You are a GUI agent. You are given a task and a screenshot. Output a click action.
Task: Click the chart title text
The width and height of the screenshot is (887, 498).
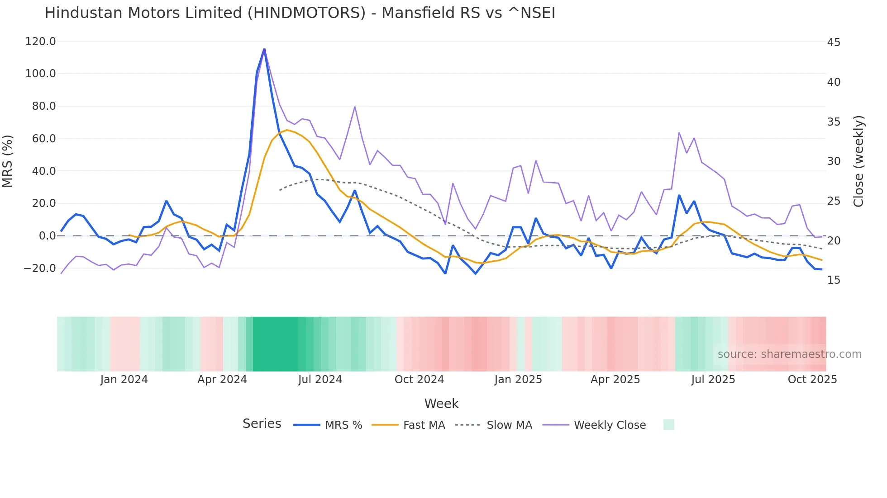300,13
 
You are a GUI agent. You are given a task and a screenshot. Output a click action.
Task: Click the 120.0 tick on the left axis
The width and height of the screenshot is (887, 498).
40,42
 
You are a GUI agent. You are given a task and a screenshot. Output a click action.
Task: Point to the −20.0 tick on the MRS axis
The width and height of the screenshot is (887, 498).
39,268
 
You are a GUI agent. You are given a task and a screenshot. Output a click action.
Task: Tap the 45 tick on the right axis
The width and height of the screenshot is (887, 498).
834,42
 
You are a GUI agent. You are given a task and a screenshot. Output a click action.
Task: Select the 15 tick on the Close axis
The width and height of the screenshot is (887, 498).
834,280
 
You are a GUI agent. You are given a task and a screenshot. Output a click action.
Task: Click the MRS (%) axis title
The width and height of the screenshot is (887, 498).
8,161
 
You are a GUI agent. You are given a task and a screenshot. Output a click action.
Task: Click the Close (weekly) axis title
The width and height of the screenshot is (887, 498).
858,161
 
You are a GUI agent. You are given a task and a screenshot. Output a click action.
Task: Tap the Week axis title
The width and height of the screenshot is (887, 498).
441,404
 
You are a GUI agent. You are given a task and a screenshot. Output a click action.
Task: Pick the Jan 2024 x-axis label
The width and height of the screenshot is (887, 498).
124,380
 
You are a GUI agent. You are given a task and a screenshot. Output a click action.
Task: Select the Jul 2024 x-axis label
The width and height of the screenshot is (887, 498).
320,380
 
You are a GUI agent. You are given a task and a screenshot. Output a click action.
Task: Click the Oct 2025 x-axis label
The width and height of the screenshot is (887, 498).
812,380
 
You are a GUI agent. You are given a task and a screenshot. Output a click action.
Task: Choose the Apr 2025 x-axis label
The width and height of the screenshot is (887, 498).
615,380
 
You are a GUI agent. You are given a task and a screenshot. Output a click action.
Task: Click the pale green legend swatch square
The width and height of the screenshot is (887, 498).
668,425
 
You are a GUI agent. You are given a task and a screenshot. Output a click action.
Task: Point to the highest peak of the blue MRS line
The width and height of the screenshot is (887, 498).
264,49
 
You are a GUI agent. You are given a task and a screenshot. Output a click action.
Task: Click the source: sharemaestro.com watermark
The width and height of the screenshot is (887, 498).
789,354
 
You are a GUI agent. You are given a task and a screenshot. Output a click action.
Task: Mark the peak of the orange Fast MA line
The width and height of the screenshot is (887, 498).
287,130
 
